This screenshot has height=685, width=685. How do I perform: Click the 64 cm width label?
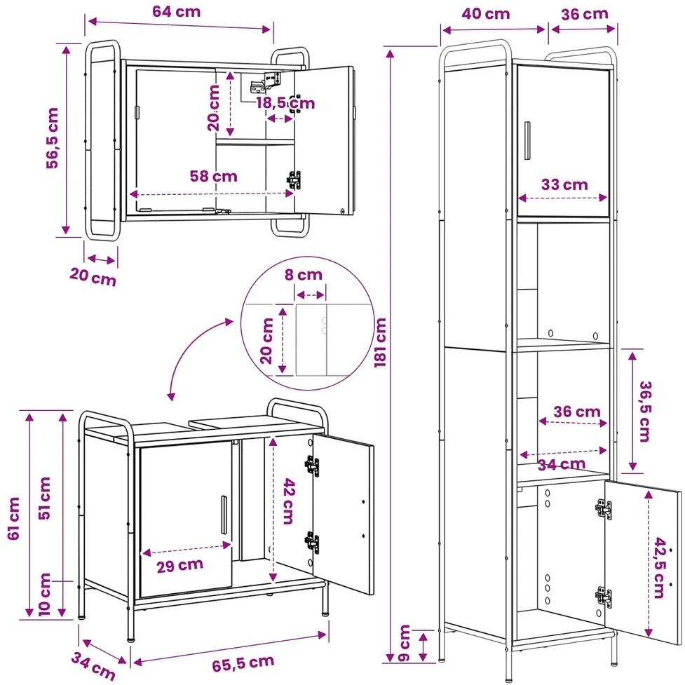tap(177, 11)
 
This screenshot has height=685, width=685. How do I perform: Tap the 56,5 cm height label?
tap(53, 138)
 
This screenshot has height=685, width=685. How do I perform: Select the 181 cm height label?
tap(380, 342)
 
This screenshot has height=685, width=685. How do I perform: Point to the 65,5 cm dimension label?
tap(243, 663)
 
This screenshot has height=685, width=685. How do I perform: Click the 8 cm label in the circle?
tap(304, 275)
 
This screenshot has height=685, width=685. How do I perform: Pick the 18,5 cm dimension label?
tap(285, 103)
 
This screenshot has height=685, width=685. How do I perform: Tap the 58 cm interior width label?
tap(214, 176)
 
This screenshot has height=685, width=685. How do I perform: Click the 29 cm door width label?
tap(180, 565)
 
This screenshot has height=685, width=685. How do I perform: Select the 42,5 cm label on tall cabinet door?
tap(660, 567)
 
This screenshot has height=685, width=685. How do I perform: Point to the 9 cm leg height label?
tap(405, 643)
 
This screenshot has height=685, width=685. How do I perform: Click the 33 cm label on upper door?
tap(564, 185)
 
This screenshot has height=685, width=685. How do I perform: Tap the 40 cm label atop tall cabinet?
tap(486, 13)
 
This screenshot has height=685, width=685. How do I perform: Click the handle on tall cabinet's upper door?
tap(527, 141)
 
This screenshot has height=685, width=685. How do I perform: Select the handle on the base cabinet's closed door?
tap(224, 515)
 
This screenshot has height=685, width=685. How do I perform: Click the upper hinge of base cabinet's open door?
tap(311, 466)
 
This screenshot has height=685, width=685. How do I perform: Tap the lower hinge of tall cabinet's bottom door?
tap(603, 597)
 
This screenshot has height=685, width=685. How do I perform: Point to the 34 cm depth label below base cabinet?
tap(93, 666)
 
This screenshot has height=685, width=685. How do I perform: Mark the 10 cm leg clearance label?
tap(45, 595)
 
